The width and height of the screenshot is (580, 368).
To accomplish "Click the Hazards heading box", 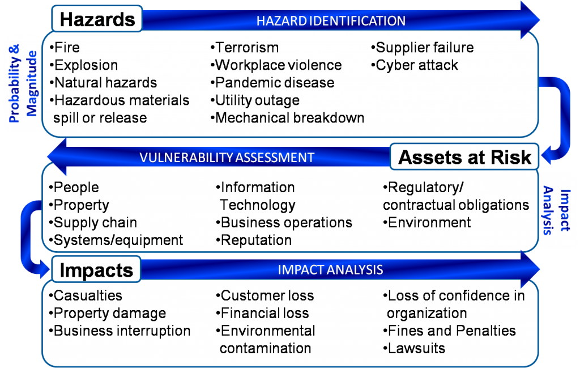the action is tap(97, 19).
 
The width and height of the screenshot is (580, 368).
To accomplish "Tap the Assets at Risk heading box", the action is tap(464, 157).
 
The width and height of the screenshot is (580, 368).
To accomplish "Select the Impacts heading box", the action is tap(96, 269).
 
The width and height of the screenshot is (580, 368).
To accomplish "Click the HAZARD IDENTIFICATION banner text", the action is tap(331, 21).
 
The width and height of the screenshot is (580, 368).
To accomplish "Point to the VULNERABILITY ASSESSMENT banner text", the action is tap(227, 157).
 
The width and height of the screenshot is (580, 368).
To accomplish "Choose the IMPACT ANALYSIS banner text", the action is tap(330, 269).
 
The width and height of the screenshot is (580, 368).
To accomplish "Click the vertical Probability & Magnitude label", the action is tap(23, 84).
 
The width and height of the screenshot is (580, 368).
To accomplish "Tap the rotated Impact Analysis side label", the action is tap(557, 211).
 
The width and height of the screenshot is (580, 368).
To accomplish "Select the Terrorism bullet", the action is tap(245, 48).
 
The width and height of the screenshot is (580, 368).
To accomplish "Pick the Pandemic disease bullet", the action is tap(272, 83).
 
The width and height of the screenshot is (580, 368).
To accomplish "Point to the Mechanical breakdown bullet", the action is tap(287, 118).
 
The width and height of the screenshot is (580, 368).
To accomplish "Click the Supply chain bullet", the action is tap(93, 222).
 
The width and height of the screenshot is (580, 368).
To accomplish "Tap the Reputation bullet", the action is tap(254, 240).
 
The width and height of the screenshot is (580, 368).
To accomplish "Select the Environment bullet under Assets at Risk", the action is tap(427, 222).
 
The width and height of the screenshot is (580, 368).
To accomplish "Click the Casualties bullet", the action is tap(86, 295).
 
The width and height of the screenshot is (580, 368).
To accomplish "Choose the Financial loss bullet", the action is tap(262, 313).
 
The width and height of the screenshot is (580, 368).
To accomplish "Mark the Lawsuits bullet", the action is tap(414, 348).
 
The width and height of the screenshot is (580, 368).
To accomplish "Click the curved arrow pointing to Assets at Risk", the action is tap(562, 119).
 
